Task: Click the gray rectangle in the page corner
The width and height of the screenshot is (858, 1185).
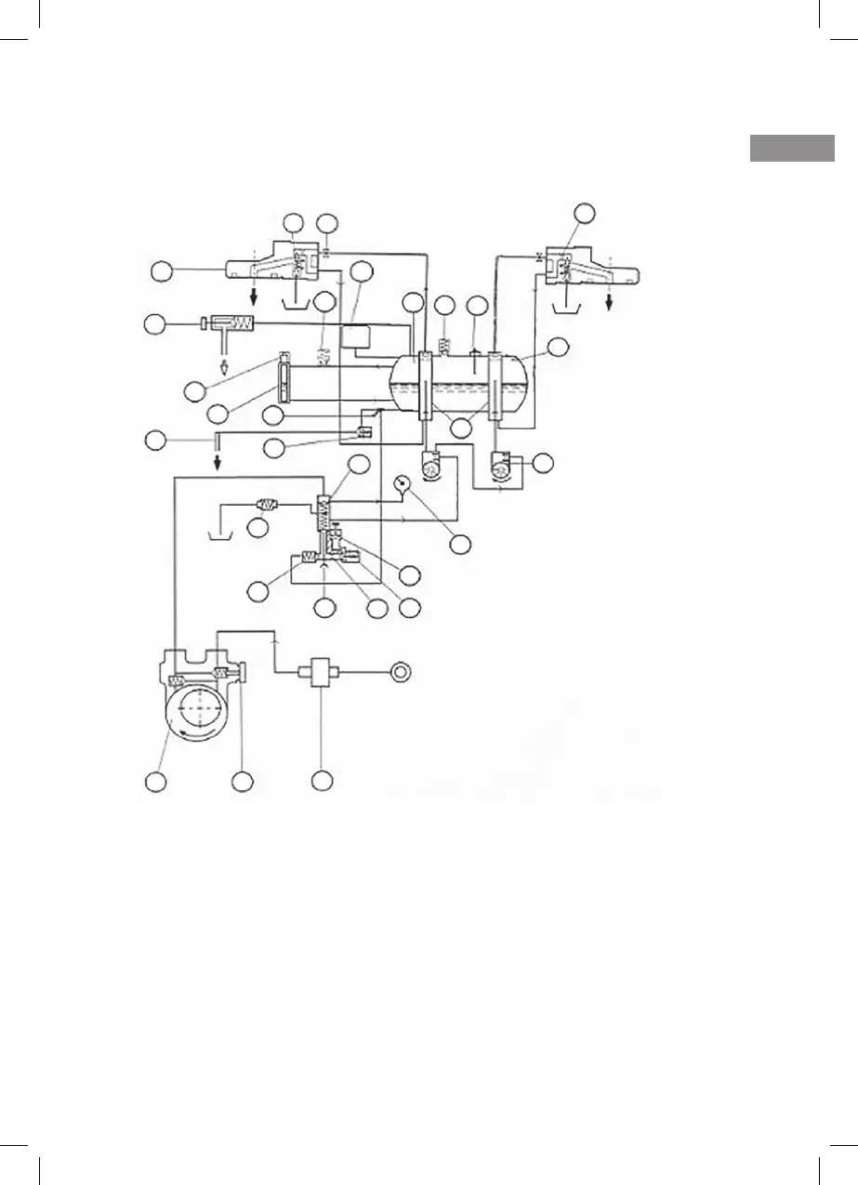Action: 792,150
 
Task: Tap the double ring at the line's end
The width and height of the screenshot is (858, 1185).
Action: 401,670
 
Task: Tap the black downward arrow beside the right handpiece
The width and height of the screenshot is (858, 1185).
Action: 610,306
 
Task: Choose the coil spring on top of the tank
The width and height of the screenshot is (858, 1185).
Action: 443,347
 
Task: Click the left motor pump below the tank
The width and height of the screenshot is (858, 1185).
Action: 432,465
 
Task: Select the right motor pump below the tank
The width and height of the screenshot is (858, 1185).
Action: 503,464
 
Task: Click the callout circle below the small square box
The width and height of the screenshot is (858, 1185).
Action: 322,782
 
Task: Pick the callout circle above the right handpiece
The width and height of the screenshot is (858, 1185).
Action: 584,213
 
